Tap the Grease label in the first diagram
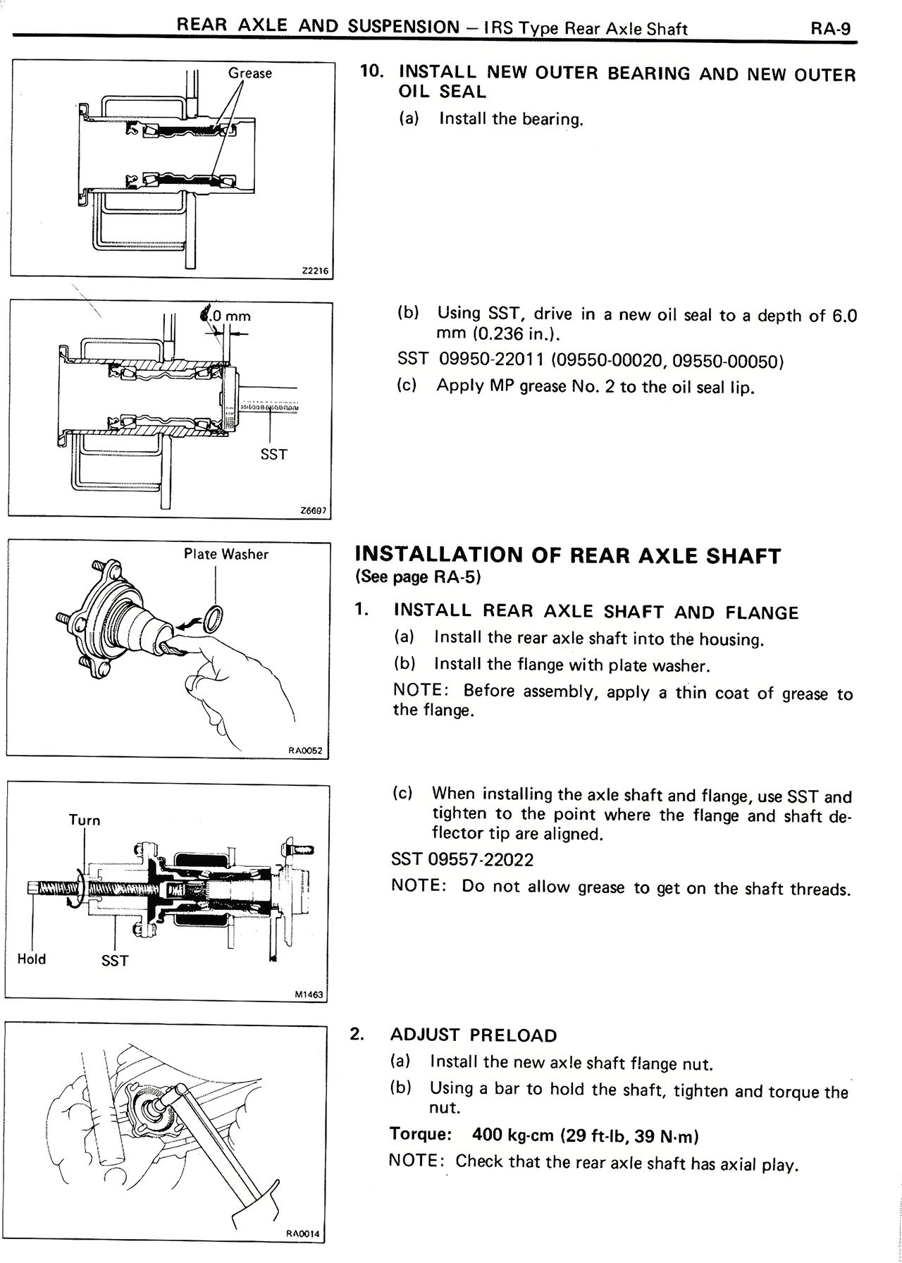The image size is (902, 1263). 249,73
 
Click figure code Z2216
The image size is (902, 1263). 314,271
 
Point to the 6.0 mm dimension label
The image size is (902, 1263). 227,315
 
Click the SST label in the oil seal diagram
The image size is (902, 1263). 273,455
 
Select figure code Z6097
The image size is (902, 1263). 314,511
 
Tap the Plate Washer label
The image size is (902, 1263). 225,555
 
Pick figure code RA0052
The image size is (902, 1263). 305,751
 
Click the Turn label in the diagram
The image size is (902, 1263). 85,820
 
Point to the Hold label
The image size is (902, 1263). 32,959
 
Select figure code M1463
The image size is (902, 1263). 309,994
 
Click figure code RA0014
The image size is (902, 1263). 302,1233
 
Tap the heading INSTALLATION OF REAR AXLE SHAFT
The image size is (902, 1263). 568,555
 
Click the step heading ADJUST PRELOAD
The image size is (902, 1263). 474,1035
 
